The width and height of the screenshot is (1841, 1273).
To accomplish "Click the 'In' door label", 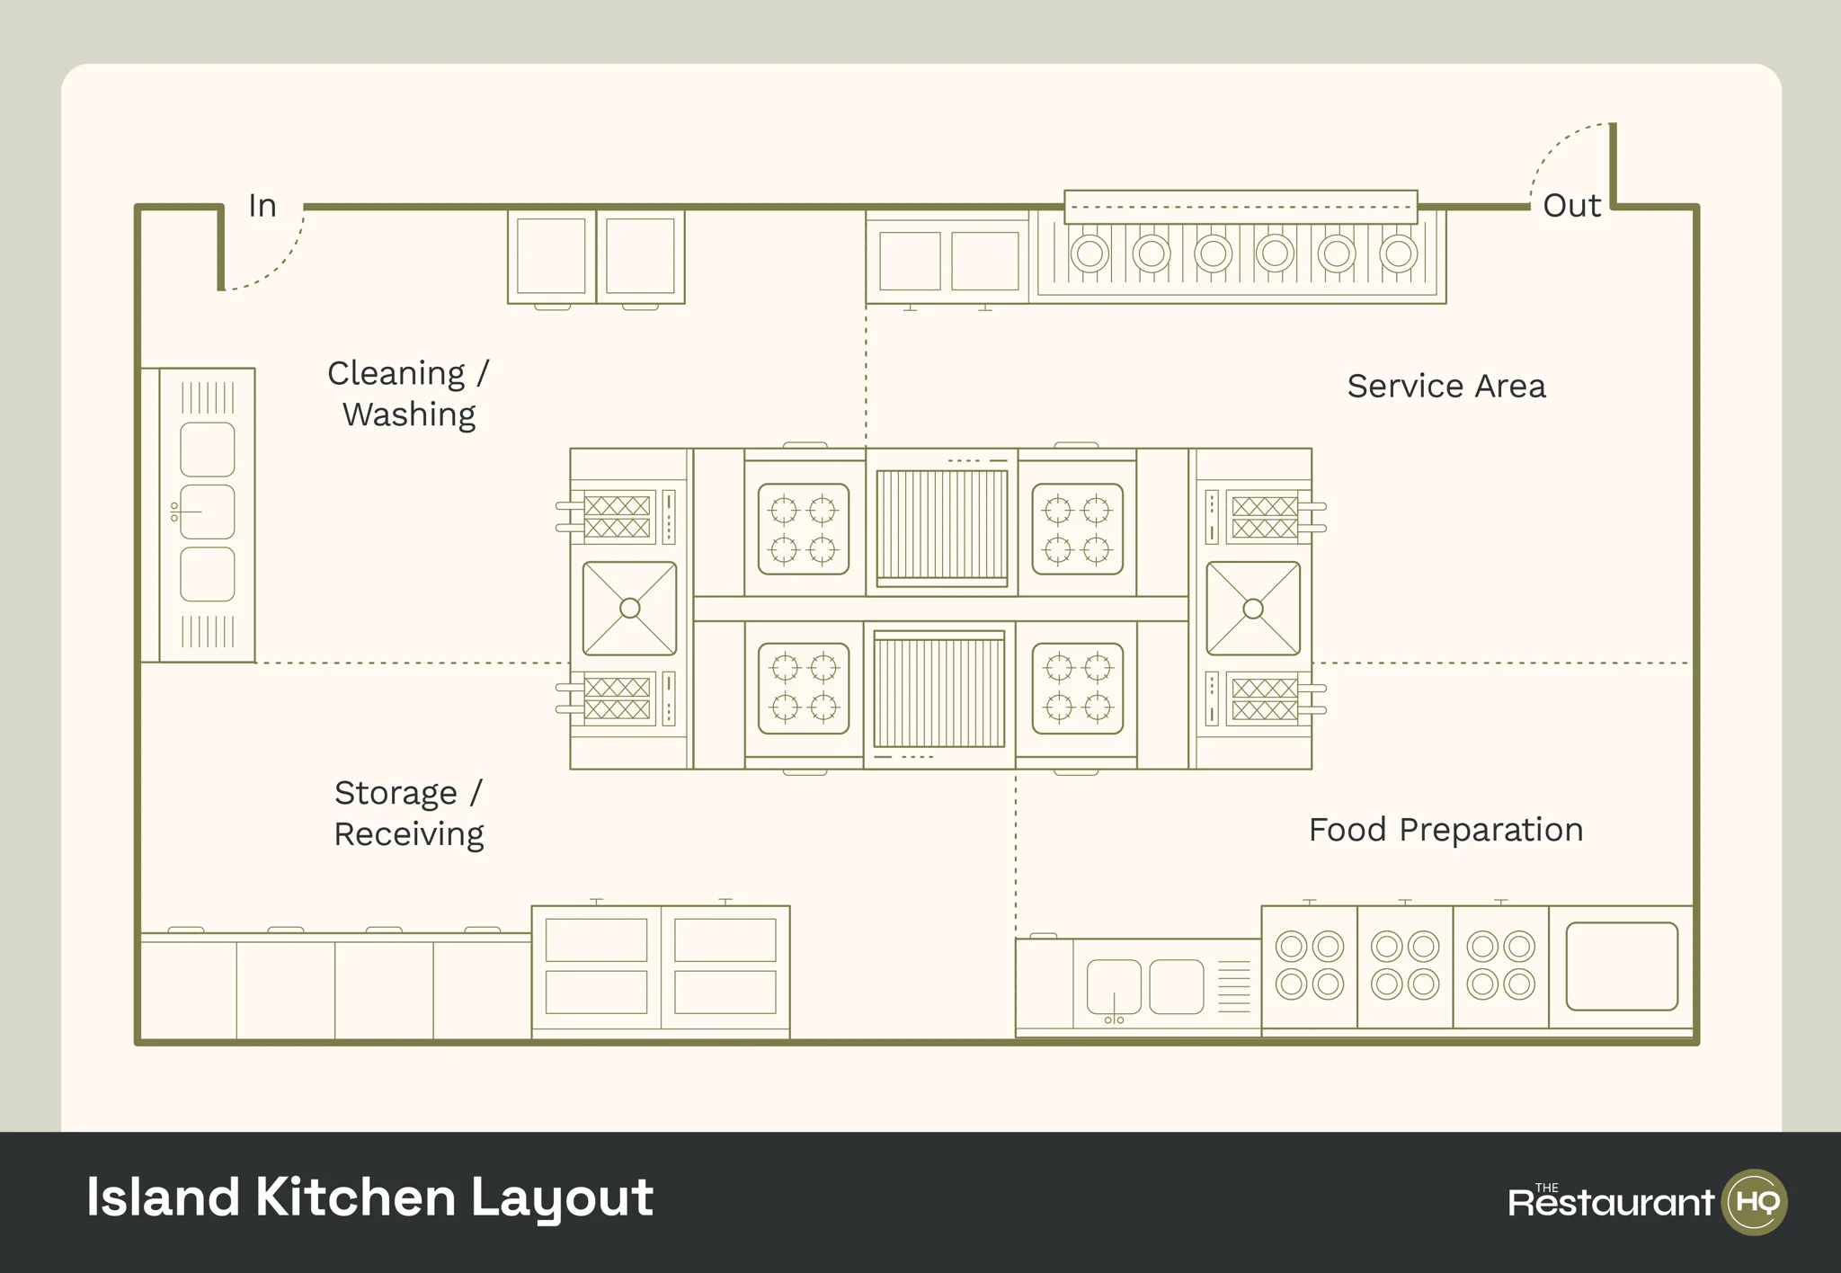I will point(262,206).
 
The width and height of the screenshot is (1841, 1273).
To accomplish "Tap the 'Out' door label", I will point(1571,206).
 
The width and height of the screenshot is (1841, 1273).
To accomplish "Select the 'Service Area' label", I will point(1445,387).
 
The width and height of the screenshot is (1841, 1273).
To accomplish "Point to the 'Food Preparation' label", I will point(1445,830).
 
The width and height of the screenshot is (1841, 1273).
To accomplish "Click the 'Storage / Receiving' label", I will point(409,814).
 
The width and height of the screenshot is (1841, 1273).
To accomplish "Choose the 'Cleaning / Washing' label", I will point(409,394).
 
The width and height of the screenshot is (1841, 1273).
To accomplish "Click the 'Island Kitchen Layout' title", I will point(369,1197).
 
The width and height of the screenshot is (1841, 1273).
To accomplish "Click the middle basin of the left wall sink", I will point(208,512).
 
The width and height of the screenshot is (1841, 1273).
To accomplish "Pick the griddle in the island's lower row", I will point(939,690).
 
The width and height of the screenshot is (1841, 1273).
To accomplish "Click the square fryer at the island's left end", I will point(629,609).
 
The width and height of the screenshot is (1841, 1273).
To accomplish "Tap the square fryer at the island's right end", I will point(1253,609).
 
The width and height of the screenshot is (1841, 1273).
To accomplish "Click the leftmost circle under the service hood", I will point(1089,254).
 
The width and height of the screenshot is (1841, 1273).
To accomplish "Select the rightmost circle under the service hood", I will point(1399,254).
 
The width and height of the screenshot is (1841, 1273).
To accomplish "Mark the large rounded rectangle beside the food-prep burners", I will point(1622,966).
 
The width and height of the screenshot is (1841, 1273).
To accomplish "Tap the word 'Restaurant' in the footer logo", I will point(1611,1203).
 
